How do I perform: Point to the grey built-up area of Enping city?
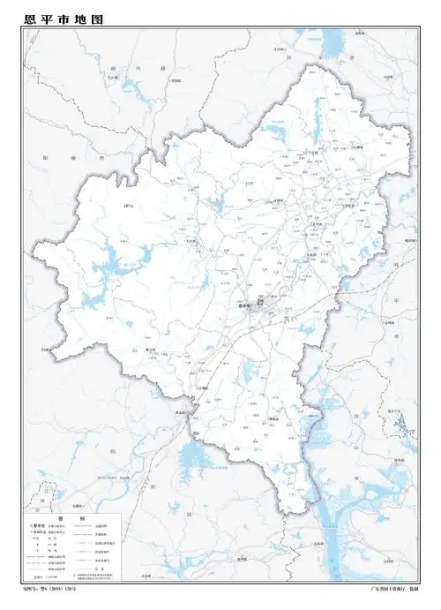pos(265,307)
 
